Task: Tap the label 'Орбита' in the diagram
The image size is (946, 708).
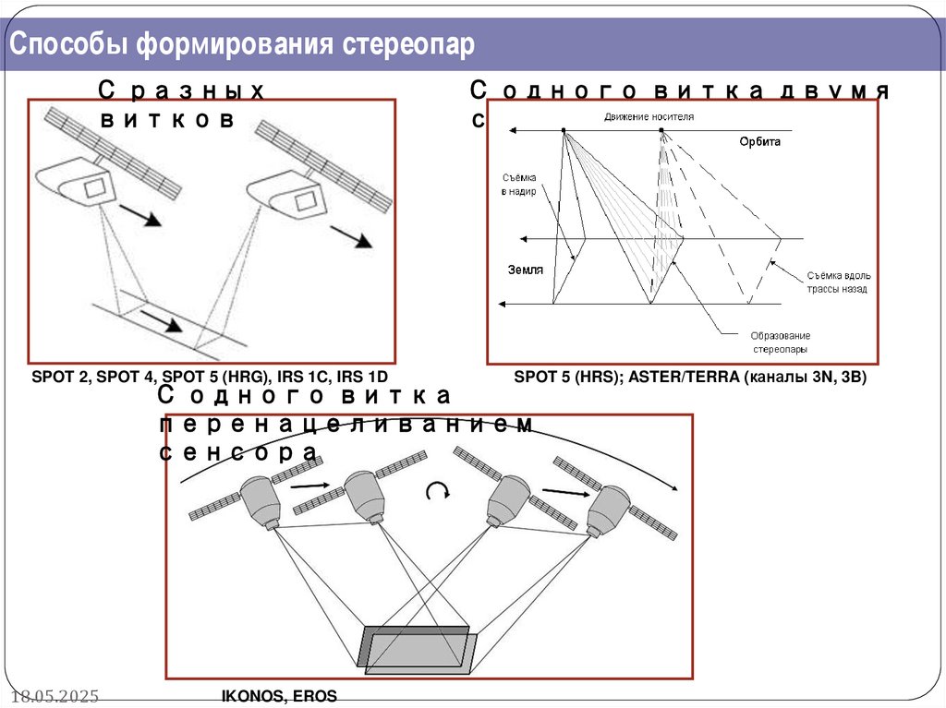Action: coord(759,141)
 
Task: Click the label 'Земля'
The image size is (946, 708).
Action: coord(525,270)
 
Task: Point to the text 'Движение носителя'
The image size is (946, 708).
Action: coord(649,117)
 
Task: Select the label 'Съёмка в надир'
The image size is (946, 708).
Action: coord(518,184)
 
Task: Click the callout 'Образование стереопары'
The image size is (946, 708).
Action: coord(780,342)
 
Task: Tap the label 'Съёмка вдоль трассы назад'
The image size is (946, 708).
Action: coord(837,282)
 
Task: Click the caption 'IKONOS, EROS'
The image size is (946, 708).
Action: coord(279,696)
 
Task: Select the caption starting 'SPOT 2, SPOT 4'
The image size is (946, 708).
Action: coord(209,378)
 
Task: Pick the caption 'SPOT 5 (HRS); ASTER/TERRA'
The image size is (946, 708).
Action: coord(690,378)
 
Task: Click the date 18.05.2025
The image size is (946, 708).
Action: coord(55,695)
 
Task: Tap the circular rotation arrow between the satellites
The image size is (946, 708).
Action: coord(435,491)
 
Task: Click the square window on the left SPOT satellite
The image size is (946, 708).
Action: coord(95,189)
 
